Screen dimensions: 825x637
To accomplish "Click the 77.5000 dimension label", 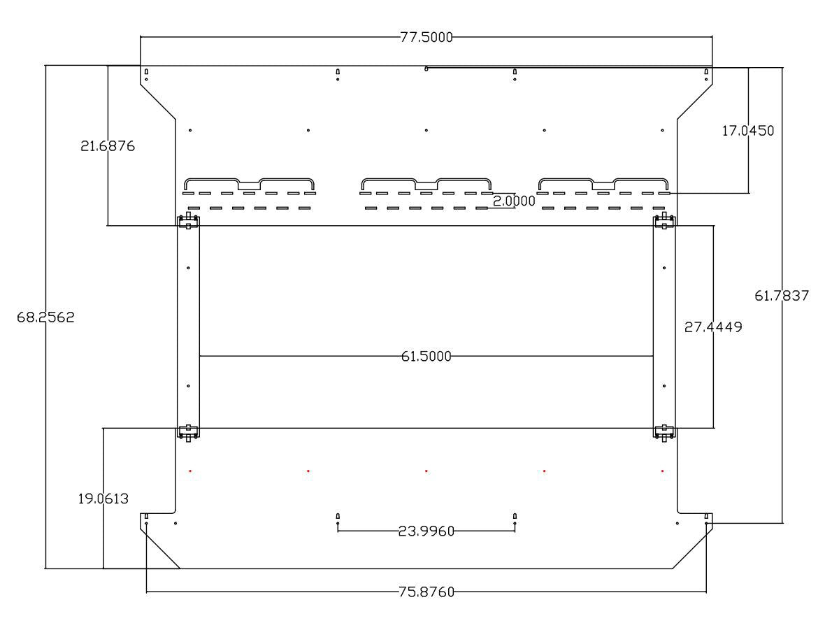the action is (x=426, y=37).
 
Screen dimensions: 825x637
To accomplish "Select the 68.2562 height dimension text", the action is (x=45, y=317).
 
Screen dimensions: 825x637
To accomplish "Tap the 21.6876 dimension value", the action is (x=108, y=145).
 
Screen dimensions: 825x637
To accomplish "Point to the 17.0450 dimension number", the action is (x=747, y=131).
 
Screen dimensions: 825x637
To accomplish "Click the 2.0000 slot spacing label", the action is (x=514, y=201).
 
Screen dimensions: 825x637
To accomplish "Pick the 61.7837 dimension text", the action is (x=782, y=296).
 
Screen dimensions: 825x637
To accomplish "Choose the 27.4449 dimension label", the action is (x=713, y=327).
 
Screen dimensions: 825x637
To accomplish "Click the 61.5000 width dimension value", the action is (x=426, y=356).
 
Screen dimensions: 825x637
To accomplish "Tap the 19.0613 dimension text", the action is (x=103, y=499).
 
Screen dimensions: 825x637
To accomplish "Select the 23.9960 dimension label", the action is (x=426, y=531).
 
